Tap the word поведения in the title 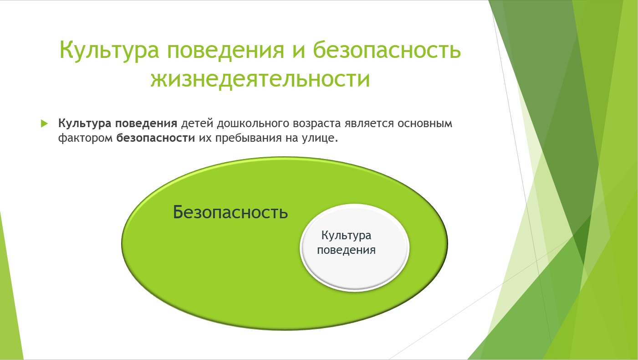pyautogui.click(x=225, y=50)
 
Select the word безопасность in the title pyautogui.click(x=387, y=49)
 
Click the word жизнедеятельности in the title pyautogui.click(x=260, y=78)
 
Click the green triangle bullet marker pyautogui.click(x=44, y=123)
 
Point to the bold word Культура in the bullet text pyautogui.click(x=85, y=123)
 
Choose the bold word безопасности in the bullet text pyautogui.click(x=155, y=138)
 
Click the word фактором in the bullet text pyautogui.click(x=86, y=138)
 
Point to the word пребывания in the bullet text pyautogui.click(x=249, y=138)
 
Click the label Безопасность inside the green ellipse pyautogui.click(x=230, y=212)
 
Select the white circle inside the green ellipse pyautogui.click(x=354, y=247)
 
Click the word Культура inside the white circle pyautogui.click(x=346, y=236)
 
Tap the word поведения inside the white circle pyautogui.click(x=346, y=250)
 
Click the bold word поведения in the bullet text pyautogui.click(x=146, y=124)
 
